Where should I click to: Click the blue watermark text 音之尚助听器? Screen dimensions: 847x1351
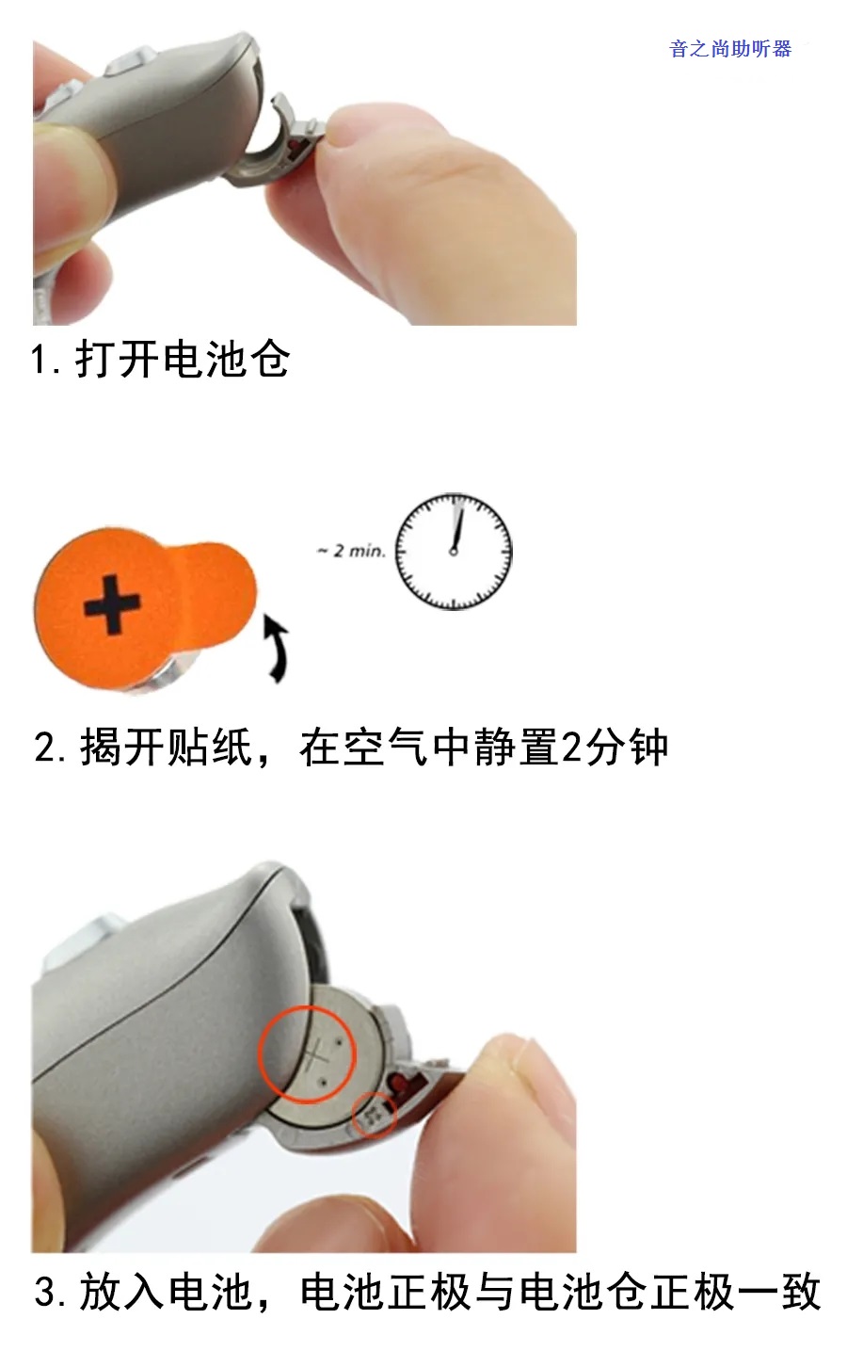[730, 49]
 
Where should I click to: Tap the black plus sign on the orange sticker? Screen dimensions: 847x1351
[112, 604]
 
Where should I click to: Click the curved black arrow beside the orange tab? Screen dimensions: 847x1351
[277, 649]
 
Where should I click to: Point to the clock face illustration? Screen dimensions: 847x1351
[454, 552]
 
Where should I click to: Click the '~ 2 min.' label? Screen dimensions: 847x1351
[351, 551]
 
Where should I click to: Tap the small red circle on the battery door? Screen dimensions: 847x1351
[375, 1116]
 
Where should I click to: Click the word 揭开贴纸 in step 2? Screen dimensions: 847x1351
[166, 748]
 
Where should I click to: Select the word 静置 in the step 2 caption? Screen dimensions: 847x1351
[516, 748]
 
